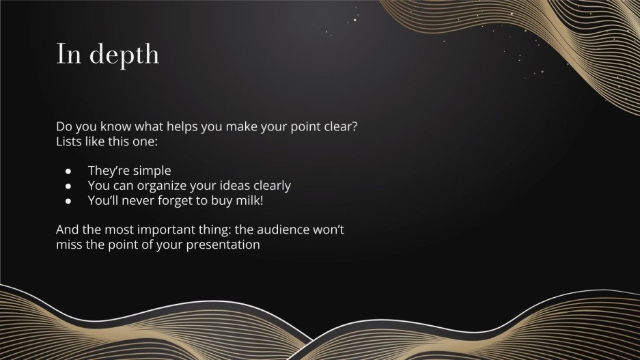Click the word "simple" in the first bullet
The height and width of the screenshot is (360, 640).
(x=152, y=171)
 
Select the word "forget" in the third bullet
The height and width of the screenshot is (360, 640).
(x=172, y=201)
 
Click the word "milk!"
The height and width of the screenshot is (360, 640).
(x=248, y=201)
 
